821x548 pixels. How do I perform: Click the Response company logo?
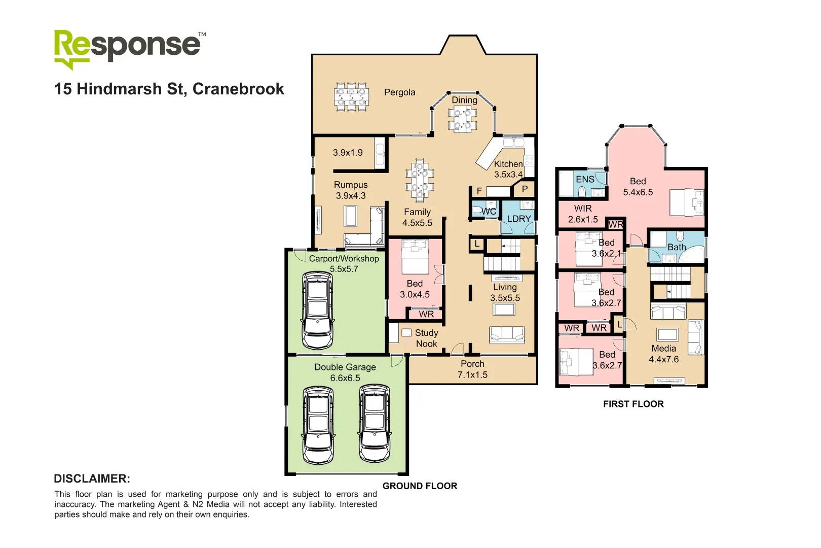point(129,48)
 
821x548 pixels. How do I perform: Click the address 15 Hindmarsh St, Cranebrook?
point(169,89)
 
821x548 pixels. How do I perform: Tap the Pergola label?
point(399,92)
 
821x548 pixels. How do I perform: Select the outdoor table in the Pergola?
point(351,96)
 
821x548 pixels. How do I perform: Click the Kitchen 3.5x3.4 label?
point(508,169)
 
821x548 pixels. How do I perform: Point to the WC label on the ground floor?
point(489,211)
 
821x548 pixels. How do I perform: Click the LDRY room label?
point(519,219)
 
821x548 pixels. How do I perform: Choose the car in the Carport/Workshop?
point(318,311)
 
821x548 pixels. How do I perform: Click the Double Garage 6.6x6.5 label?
point(345,372)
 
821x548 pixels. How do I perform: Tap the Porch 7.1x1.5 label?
point(472,369)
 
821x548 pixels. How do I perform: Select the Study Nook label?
point(426,338)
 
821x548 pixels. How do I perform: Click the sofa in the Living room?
point(506,335)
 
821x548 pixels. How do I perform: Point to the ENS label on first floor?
point(585,179)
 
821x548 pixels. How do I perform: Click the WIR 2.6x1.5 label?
point(583,214)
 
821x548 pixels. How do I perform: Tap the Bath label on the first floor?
point(676,247)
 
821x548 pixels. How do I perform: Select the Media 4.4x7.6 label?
point(663,354)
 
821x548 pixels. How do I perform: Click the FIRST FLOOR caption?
point(633,404)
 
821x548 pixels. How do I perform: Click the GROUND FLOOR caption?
point(420,486)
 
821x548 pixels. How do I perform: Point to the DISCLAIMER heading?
point(92,478)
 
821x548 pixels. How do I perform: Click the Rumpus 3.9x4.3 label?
point(351,190)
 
